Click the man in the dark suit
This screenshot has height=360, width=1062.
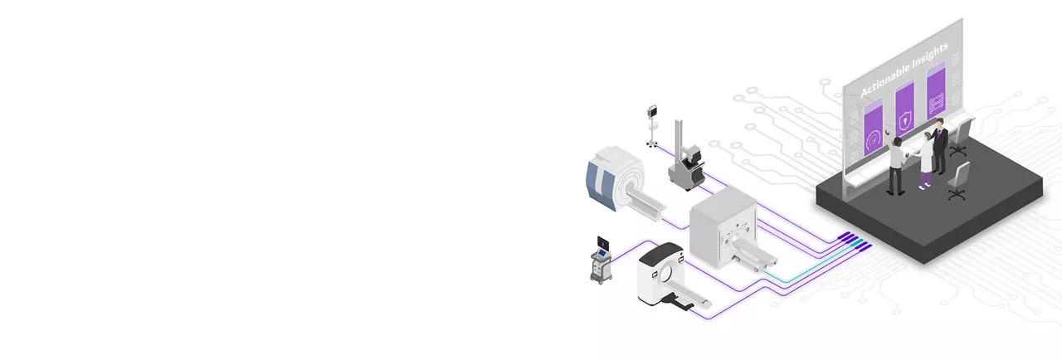coord(939,146)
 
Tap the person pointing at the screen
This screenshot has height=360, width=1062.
coord(895,165)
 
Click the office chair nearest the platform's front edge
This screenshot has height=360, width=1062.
coord(958,181)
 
